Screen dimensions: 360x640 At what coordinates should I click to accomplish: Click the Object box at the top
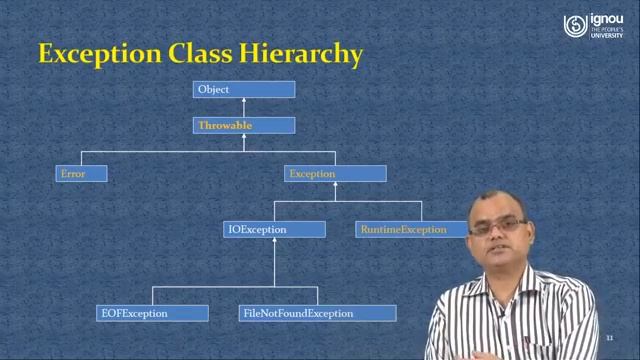(x=244, y=90)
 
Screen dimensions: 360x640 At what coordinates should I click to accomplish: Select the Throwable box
(x=244, y=126)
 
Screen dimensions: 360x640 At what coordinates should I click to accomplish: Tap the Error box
(x=81, y=174)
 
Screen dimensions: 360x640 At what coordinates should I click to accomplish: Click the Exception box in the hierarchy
(x=335, y=174)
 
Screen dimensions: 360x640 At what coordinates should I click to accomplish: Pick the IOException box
(x=274, y=230)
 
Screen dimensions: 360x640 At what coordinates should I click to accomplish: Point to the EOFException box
(x=152, y=313)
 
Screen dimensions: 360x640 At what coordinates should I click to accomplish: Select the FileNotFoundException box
(x=317, y=313)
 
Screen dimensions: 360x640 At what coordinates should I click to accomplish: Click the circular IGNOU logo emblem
(x=574, y=25)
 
